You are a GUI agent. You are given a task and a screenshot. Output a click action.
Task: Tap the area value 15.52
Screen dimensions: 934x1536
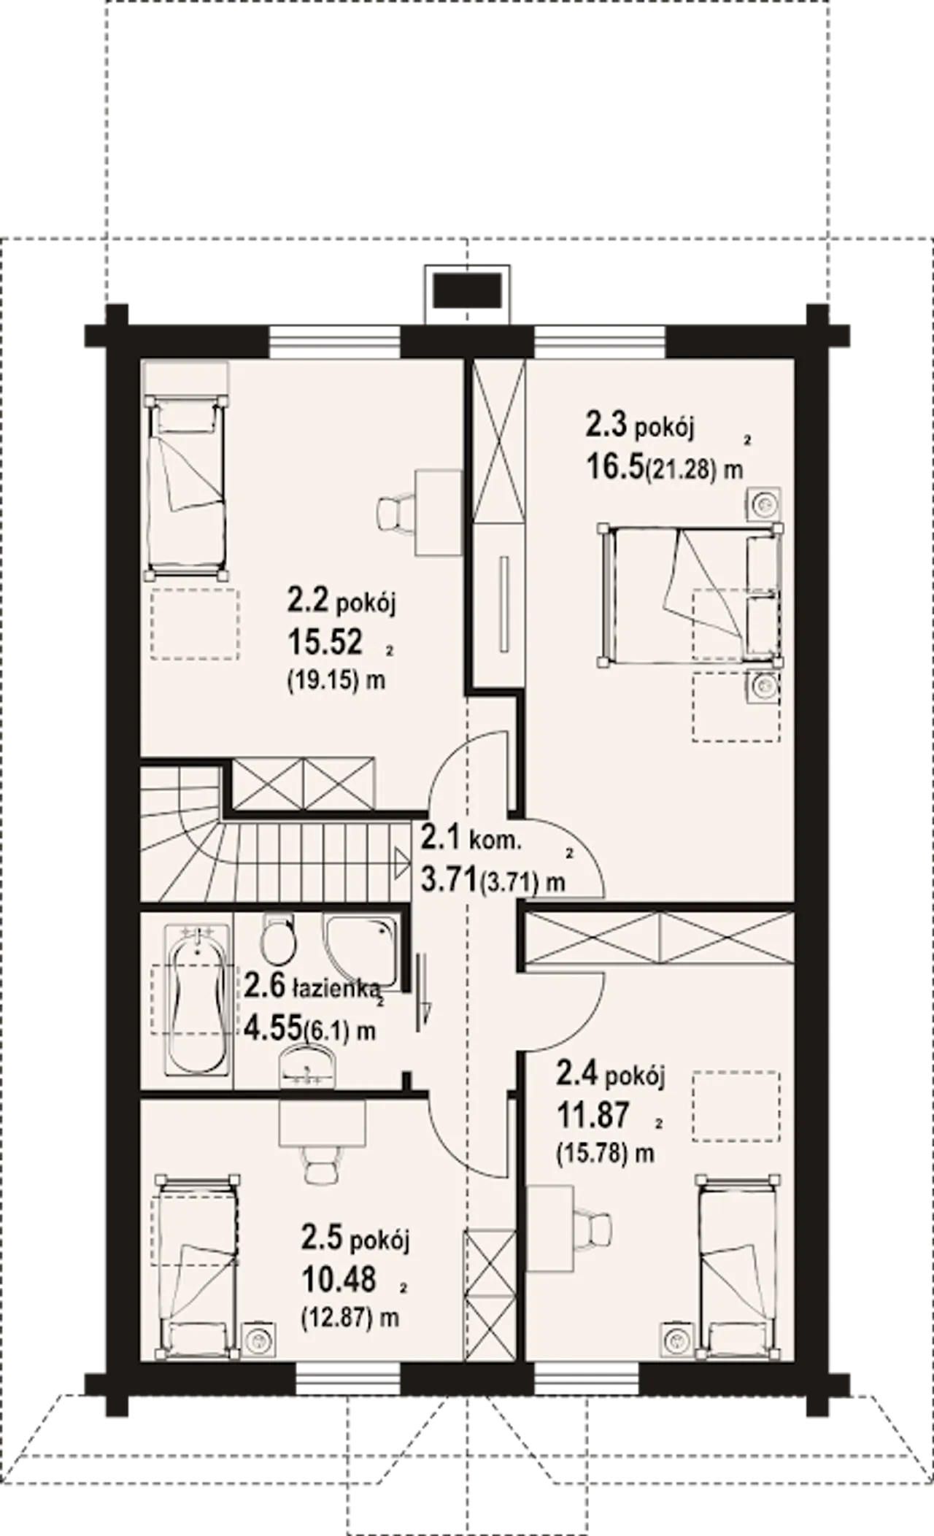[x=325, y=641]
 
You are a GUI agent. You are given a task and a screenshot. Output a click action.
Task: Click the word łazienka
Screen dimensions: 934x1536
[x=336, y=989]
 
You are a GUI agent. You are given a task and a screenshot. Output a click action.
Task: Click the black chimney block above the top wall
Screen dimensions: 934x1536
[x=468, y=290]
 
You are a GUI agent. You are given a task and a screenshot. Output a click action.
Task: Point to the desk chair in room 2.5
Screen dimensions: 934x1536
[x=321, y=1164]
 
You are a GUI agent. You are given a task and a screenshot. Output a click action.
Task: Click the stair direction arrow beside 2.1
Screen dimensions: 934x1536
[x=401, y=865]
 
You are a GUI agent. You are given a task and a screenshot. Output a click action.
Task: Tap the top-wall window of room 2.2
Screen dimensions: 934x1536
[x=335, y=341]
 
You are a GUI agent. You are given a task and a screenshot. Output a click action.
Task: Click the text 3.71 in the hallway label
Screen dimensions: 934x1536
[x=449, y=879]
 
